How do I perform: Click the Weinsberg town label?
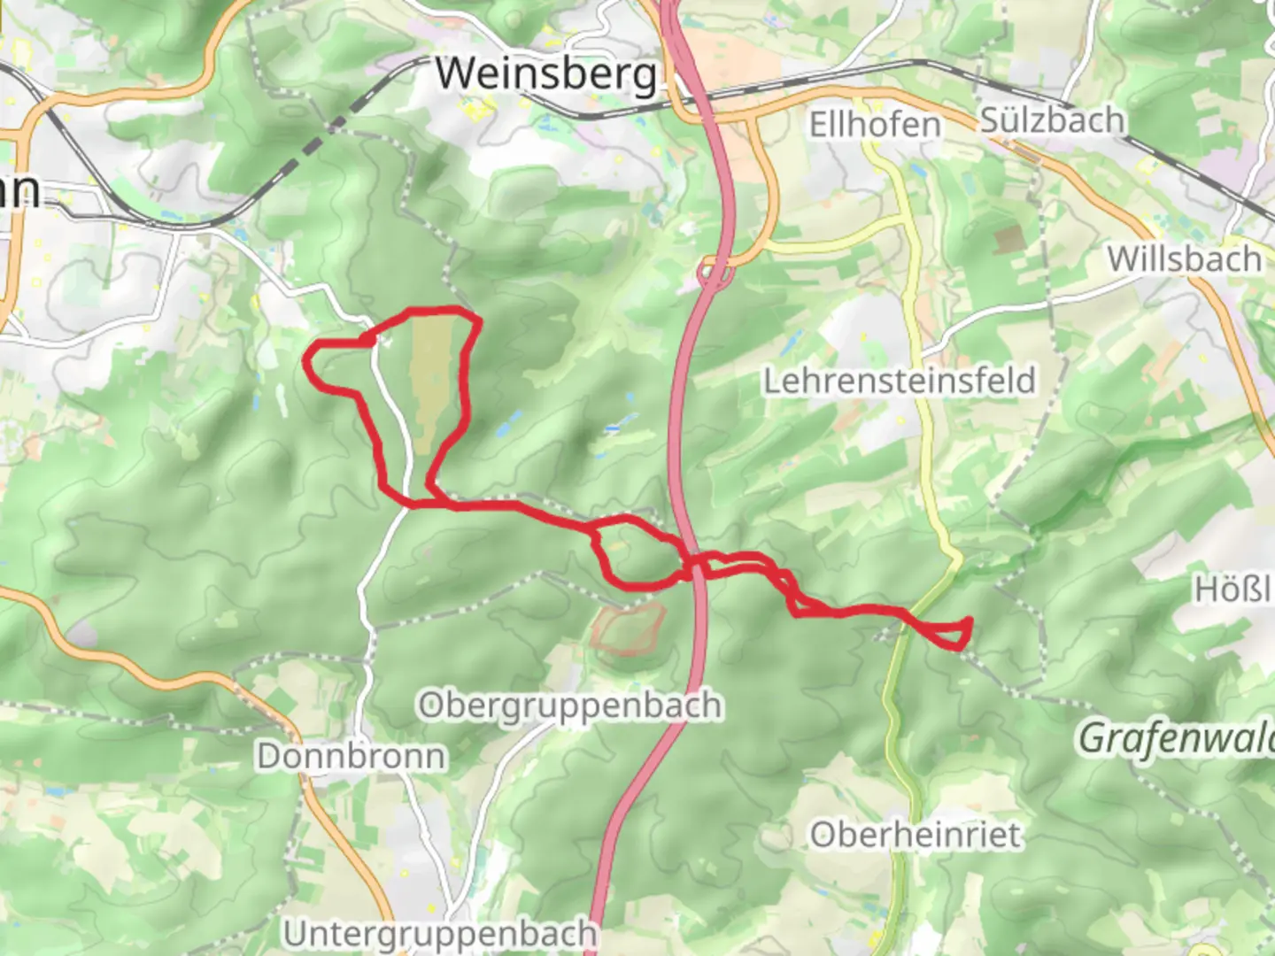click(x=547, y=74)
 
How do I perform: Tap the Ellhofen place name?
click(x=875, y=125)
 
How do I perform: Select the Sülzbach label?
click(x=1052, y=120)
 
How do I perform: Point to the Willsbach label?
click(x=1184, y=259)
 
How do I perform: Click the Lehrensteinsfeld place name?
click(x=899, y=381)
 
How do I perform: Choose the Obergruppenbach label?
click(x=569, y=705)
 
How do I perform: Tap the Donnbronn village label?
click(x=352, y=756)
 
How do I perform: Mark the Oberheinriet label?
click(x=916, y=835)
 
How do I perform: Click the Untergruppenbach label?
click(x=440, y=934)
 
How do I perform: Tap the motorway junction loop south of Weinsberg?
click(x=713, y=275)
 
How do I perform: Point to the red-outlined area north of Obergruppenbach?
click(x=629, y=629)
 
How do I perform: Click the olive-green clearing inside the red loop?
click(x=430, y=381)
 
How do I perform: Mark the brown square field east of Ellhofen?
click(x=1008, y=239)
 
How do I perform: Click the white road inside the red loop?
click(x=393, y=416)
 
